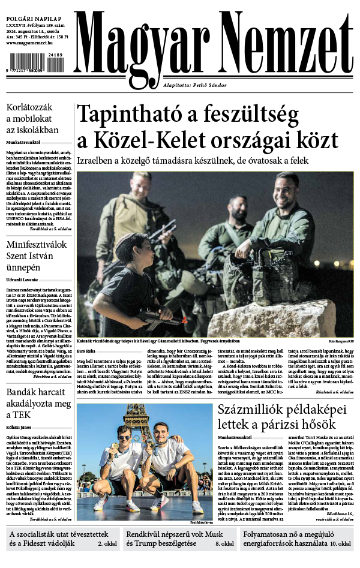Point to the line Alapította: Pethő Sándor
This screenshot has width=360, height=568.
pos(197,85)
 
